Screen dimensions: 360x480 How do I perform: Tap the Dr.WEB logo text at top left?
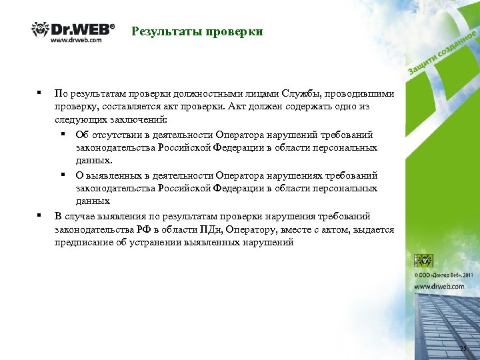point(83,29)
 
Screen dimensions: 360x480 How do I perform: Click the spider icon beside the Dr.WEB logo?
point(40,30)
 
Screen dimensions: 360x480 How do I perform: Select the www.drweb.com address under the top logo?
point(76,40)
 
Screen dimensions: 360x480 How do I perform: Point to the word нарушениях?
point(279,175)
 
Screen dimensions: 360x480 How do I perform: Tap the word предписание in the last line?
point(83,243)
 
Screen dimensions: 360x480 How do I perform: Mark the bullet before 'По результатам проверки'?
point(40,93)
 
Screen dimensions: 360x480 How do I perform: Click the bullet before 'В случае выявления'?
point(40,215)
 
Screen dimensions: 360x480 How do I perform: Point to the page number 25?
point(463,349)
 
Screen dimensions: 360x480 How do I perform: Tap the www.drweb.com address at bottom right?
point(439,286)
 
